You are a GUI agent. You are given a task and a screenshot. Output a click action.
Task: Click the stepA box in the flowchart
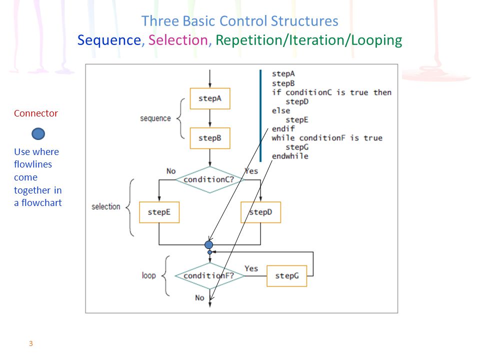210,98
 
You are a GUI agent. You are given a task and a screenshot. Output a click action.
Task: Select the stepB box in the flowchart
210,138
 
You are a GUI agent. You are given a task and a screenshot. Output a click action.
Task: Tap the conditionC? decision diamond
209,179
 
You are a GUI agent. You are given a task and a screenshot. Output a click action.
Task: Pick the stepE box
159,212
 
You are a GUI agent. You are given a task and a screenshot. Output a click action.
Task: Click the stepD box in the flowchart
261,212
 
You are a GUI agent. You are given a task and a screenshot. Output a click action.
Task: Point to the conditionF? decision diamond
209,276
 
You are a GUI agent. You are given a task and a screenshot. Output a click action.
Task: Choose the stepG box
287,276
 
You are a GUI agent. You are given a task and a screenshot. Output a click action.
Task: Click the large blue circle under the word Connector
38,134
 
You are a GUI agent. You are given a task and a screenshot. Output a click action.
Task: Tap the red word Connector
36,113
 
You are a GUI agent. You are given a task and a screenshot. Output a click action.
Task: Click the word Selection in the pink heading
178,40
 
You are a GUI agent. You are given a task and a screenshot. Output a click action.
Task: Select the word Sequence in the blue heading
109,40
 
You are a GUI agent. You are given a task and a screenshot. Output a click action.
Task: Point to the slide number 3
31,343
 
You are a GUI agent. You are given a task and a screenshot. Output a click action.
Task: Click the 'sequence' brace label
155,118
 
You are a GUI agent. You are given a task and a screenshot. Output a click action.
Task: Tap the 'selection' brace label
106,206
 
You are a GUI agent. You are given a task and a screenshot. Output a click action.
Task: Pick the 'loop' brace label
149,275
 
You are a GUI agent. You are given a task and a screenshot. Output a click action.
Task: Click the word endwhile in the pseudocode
290,156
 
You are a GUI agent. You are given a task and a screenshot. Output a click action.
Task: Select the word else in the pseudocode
281,110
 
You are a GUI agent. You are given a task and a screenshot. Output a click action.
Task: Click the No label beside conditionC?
171,171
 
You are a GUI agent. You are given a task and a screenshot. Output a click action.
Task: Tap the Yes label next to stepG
251,268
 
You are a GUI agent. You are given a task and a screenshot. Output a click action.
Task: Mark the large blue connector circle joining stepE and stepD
209,244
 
